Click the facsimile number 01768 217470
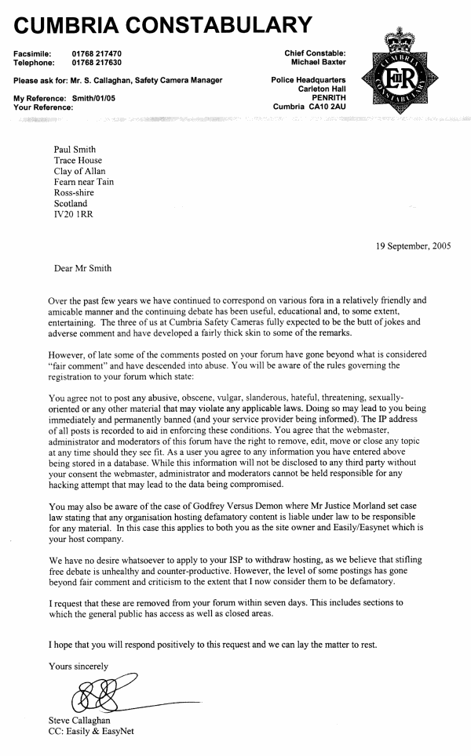[97, 53]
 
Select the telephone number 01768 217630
[97, 62]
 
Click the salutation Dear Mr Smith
[82, 268]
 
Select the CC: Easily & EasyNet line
[93, 732]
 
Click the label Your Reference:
[44, 107]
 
